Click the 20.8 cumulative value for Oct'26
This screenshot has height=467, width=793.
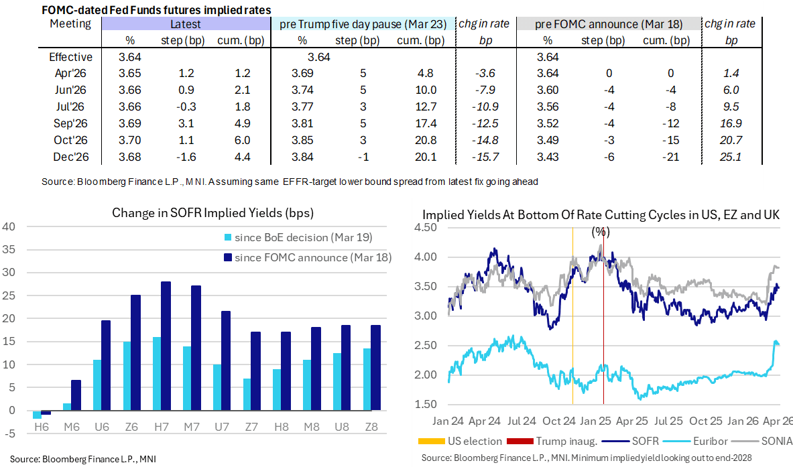(x=426, y=140)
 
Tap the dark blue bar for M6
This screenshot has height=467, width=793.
(x=76, y=395)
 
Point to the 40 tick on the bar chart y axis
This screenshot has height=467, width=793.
(x=9, y=226)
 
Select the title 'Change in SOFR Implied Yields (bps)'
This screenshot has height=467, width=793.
(x=213, y=214)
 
